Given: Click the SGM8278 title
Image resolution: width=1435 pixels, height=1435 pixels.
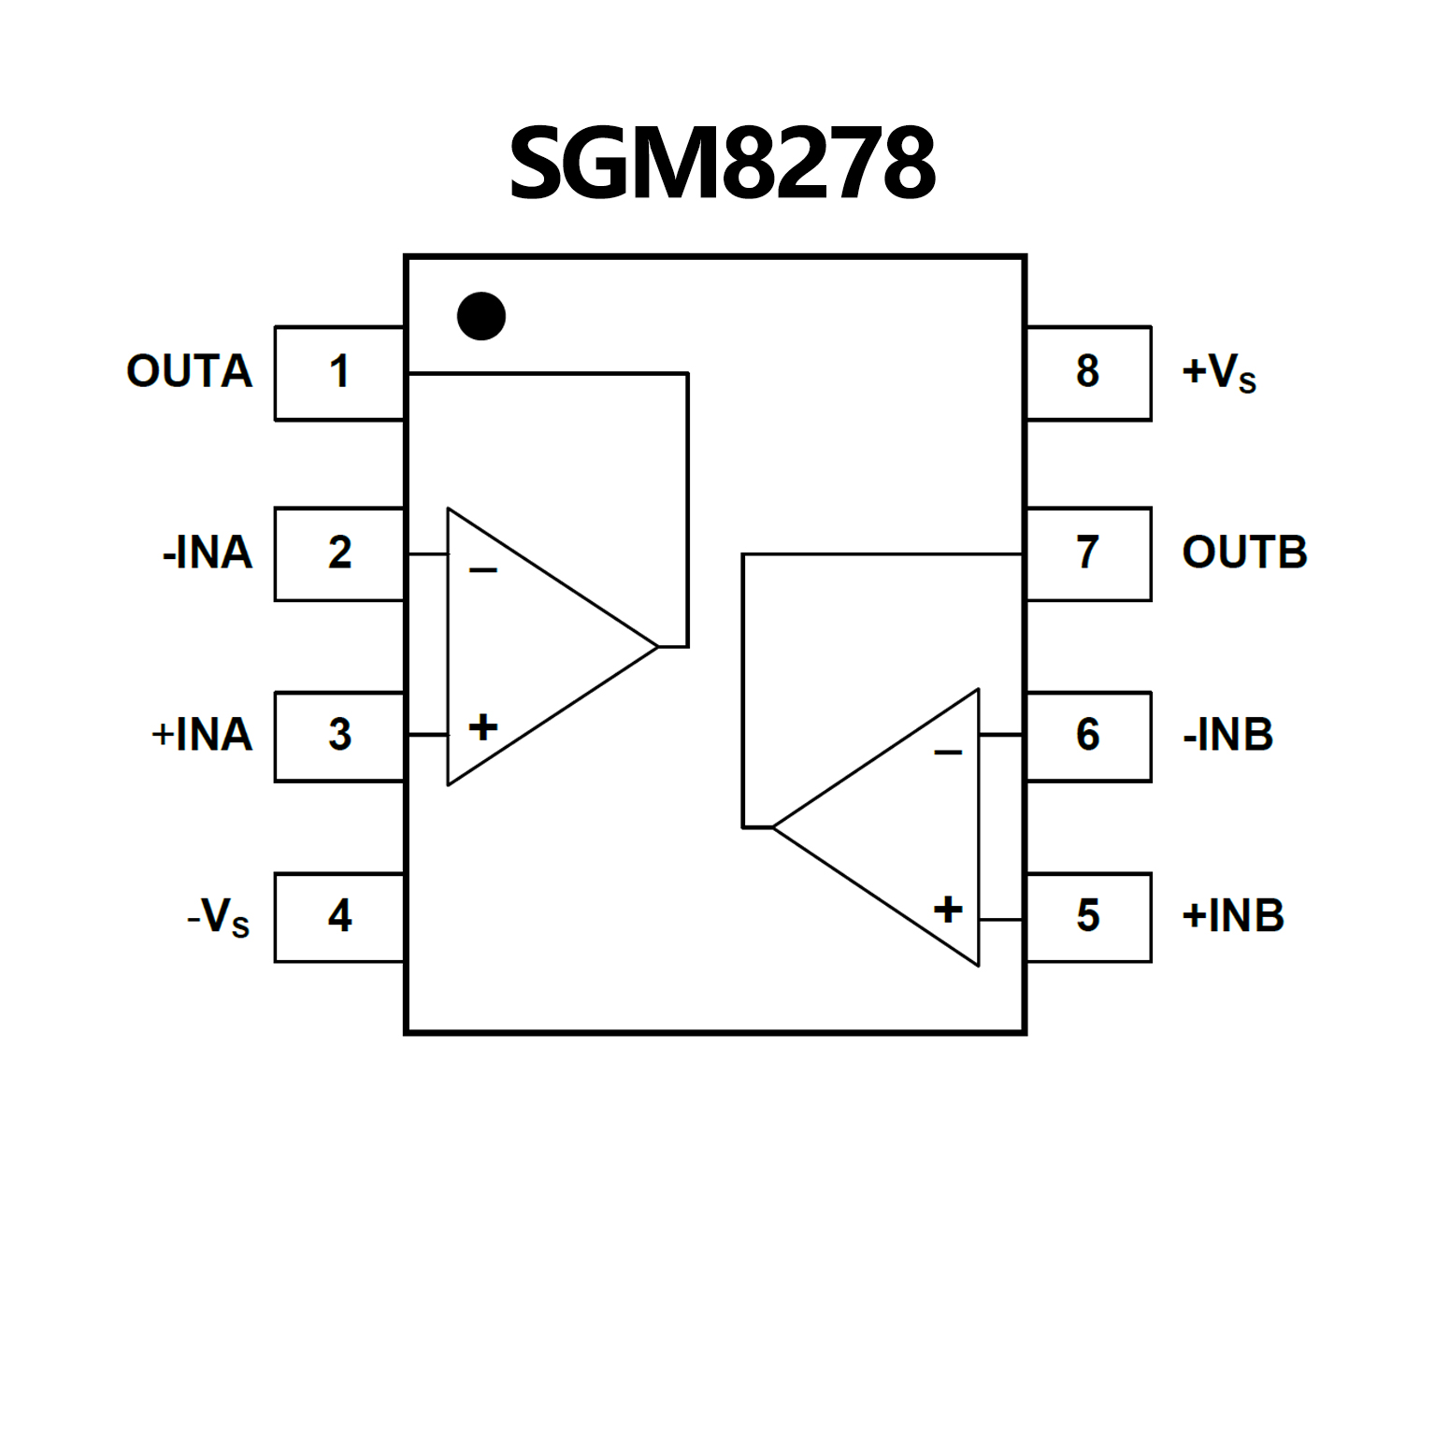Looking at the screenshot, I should point(721,164).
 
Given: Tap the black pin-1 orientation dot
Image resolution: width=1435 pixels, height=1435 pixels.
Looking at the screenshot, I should point(481,316).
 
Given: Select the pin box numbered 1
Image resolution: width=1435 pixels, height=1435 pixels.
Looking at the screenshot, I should point(339,373).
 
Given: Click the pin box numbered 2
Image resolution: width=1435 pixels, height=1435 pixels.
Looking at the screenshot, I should point(339,553).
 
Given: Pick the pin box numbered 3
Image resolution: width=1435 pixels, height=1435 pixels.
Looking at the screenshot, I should point(339,736).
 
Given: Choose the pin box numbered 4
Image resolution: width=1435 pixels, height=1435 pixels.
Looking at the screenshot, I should point(339,916).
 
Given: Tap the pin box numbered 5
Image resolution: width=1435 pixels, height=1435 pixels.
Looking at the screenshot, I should point(1088,916).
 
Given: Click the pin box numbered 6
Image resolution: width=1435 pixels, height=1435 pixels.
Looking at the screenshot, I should point(1088,736).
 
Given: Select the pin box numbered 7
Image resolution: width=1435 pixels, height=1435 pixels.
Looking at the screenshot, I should point(1088,553).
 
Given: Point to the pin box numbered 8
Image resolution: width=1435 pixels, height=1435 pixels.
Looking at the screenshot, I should point(1088,373).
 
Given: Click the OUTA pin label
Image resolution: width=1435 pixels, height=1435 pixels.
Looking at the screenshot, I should point(190,372).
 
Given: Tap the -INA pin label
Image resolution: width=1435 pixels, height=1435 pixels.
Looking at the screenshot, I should point(208,553).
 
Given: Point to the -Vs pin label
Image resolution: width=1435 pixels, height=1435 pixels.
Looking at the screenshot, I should point(219,917).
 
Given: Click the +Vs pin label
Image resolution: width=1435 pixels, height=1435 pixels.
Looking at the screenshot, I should point(1219,373).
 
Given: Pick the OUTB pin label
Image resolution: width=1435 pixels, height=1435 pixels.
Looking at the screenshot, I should point(1244,553).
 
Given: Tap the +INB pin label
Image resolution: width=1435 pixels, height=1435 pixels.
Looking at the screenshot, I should point(1233,916).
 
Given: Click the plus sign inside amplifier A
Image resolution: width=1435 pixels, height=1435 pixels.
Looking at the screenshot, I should point(482,727).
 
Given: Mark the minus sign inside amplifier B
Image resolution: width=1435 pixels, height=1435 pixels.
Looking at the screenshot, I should point(948,753).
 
